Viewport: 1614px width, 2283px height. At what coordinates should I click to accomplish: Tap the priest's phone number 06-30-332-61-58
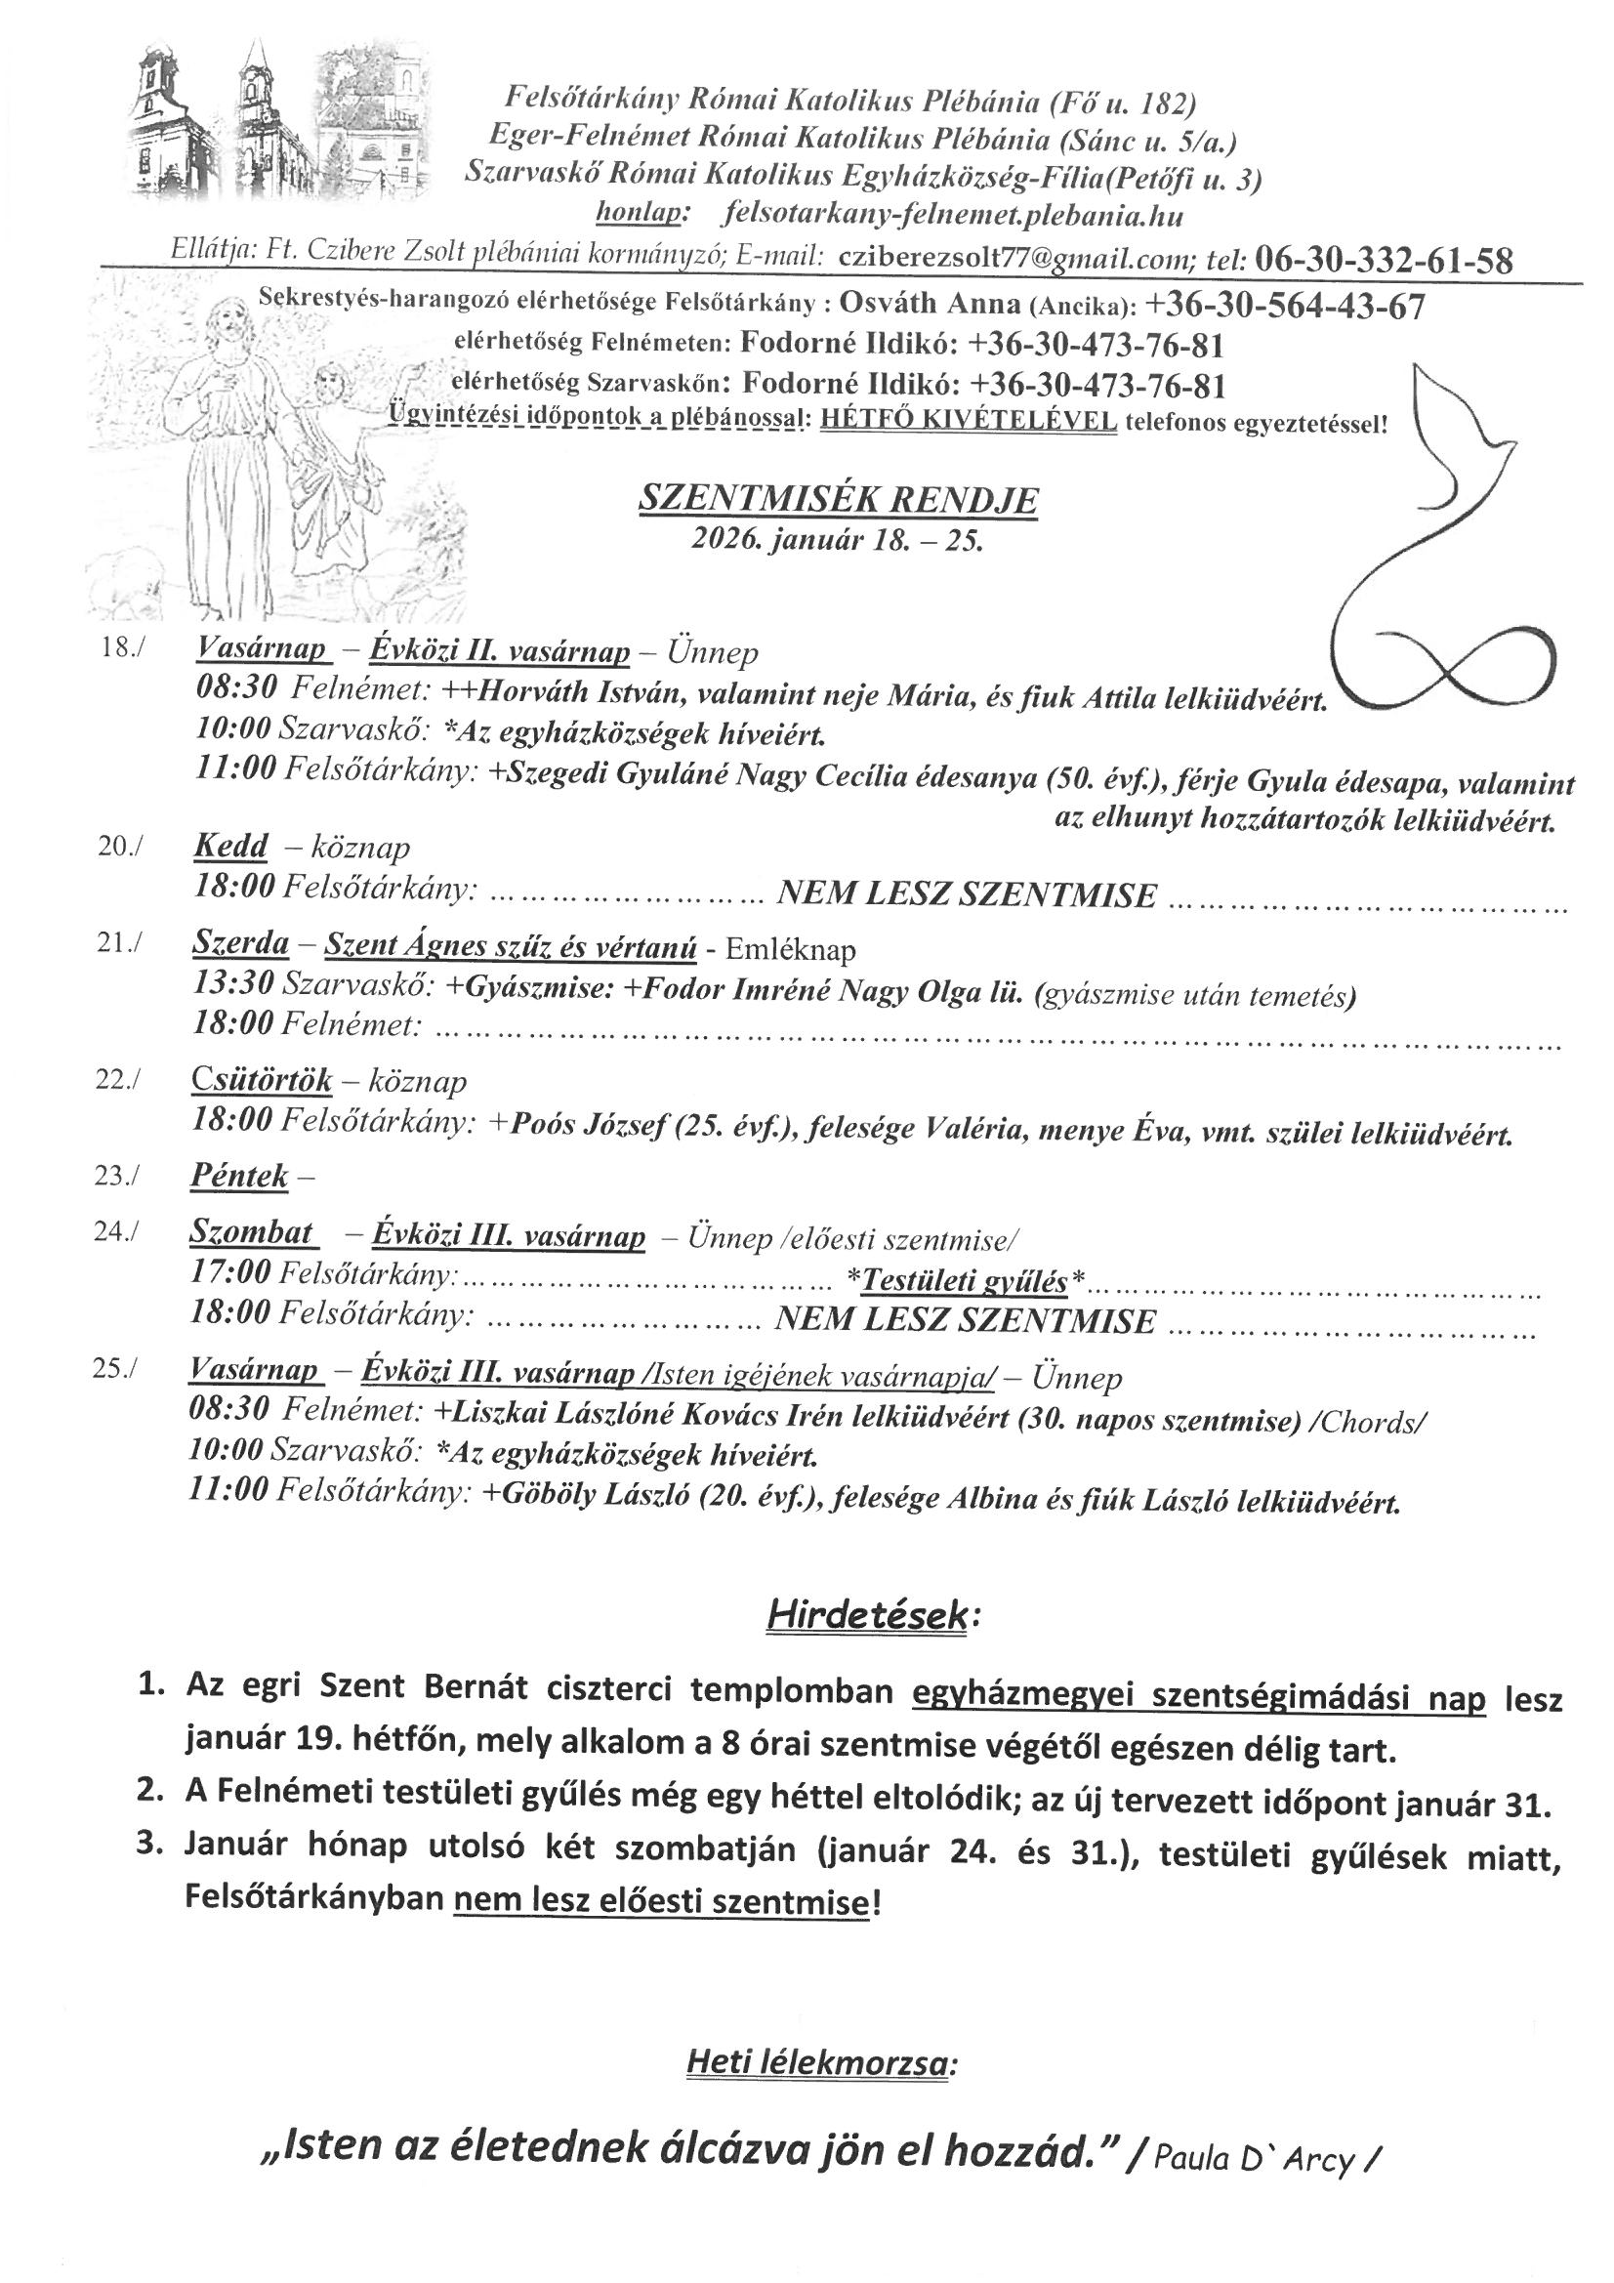tap(1385, 261)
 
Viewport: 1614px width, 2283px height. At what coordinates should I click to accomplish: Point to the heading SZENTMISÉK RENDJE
tap(837, 500)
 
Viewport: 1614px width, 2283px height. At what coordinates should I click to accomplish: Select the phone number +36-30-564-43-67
tap(1286, 307)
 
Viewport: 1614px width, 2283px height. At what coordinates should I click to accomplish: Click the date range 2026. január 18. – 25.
tap(837, 541)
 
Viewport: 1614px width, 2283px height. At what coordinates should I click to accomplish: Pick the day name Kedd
tap(229, 847)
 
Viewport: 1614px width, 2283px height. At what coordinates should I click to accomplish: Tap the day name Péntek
tap(238, 1177)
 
